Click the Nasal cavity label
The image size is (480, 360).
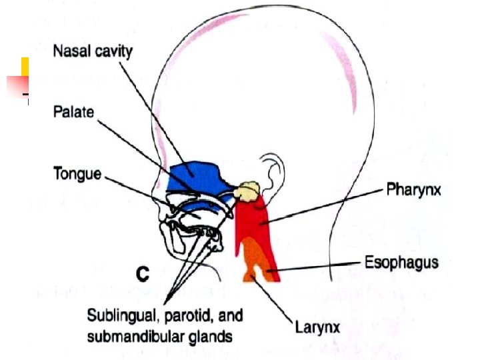tap(93, 51)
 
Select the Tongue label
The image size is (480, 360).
tap(77, 175)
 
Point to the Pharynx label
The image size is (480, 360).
tap(413, 191)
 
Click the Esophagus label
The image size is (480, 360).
tap(401, 262)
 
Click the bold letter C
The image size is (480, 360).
tap(142, 273)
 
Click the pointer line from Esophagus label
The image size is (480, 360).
tap(320, 267)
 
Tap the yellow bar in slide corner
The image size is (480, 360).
tap(25, 67)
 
